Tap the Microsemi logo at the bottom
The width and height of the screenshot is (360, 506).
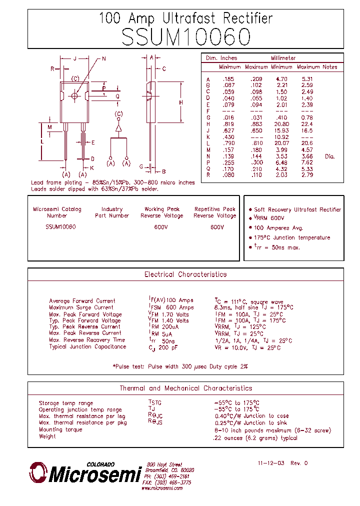point(85,472)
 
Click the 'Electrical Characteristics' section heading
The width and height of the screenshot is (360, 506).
point(185,274)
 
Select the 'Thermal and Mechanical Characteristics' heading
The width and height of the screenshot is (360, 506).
point(185,388)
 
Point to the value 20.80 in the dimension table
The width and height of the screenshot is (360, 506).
point(281,124)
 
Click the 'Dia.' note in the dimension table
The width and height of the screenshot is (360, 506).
point(329,156)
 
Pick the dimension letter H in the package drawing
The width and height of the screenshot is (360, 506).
point(181,102)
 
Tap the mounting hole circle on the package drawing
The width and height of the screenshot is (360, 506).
point(75,95)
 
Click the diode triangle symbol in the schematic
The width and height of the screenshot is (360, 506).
point(118,128)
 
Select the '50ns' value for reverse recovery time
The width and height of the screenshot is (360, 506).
point(168,340)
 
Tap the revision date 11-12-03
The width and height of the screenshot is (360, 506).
point(271,463)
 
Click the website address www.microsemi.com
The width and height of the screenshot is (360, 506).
point(161,488)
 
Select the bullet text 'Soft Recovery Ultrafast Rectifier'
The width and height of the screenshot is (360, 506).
point(297,209)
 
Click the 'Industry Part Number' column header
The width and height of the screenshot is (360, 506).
point(112,212)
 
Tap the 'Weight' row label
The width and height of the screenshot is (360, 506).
point(47,436)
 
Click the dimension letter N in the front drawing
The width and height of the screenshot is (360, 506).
point(104,59)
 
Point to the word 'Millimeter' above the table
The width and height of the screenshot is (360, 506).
point(283,58)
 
